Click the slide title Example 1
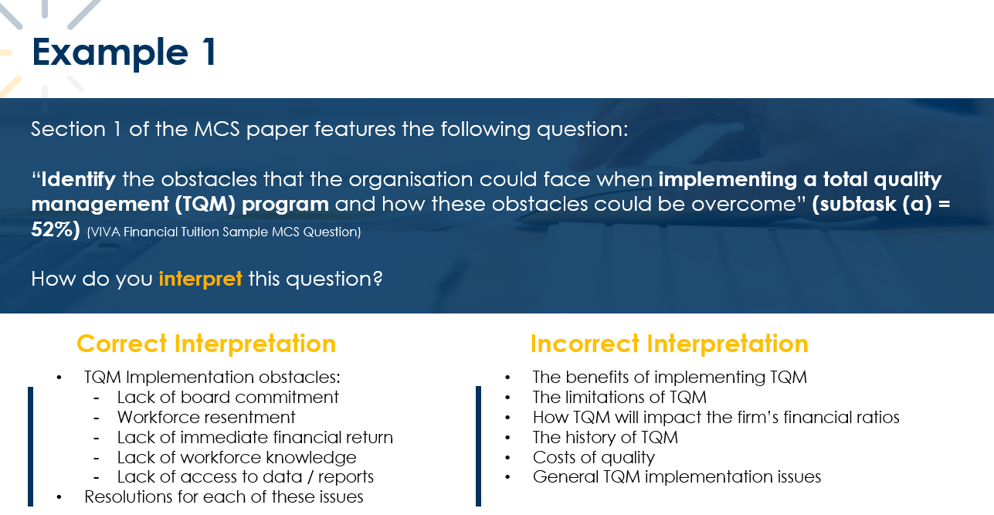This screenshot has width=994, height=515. (124, 53)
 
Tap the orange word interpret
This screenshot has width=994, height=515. (201, 280)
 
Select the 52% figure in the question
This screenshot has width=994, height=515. (56, 229)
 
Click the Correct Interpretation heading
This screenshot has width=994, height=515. (206, 344)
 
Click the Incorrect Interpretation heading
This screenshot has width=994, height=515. (669, 344)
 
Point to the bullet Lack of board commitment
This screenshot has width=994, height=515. (228, 397)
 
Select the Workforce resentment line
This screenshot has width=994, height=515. (206, 417)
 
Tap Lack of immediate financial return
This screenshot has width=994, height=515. (255, 437)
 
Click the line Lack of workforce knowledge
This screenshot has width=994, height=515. (236, 457)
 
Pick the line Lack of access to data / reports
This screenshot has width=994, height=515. (246, 477)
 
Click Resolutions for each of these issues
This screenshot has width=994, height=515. (224, 496)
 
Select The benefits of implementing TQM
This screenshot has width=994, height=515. (670, 377)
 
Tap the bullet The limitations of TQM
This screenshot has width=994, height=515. (619, 397)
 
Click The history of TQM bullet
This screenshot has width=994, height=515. (606, 437)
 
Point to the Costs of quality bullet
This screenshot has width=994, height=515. (594, 457)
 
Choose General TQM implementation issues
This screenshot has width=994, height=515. (677, 477)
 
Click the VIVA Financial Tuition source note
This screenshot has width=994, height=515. (224, 232)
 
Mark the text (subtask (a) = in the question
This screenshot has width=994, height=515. (880, 204)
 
